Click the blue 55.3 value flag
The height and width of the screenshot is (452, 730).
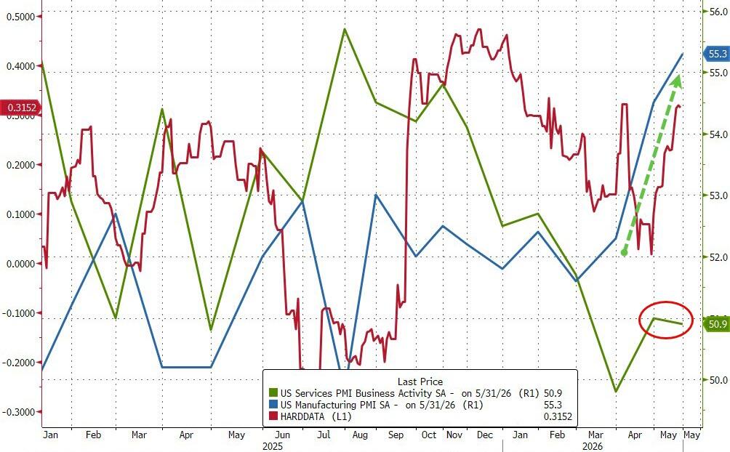point(716,54)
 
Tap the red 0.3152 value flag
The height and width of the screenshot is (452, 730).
point(21,108)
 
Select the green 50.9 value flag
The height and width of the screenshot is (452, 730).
point(717,323)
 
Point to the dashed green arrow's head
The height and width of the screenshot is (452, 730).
point(676,81)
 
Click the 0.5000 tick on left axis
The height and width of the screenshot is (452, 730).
point(21,17)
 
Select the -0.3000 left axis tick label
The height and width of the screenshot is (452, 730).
point(19,413)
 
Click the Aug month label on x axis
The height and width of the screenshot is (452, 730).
point(360,435)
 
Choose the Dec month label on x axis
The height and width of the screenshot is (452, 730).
point(485,435)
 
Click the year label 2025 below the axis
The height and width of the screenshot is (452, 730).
point(273,446)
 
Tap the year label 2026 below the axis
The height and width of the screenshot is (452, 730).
point(593,446)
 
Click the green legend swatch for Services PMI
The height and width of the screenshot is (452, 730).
point(273,393)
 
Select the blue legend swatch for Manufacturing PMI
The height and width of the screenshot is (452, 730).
point(273,405)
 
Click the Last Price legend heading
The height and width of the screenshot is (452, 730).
point(420,382)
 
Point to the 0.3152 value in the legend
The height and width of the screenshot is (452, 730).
point(558,416)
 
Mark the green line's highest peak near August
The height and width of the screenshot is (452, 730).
point(345,29)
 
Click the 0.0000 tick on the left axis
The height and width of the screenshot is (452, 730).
point(21,264)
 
